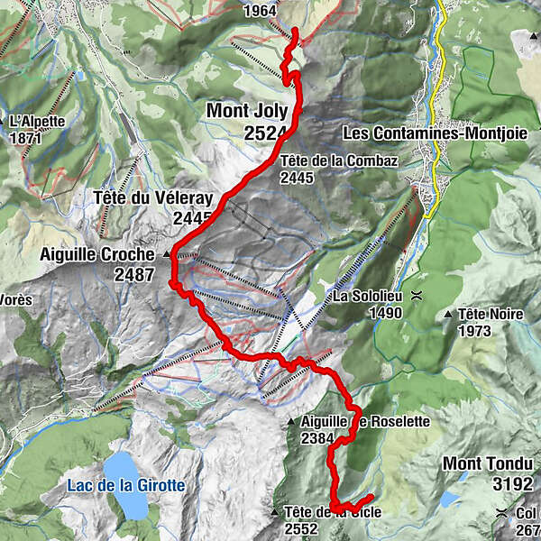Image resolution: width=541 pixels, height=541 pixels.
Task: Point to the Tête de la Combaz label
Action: pos(338,161)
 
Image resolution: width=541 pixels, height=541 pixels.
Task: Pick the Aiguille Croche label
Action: pos(97,255)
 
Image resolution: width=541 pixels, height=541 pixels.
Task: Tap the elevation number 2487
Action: pos(134,275)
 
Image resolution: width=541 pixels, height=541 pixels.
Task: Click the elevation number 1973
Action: pos(478,331)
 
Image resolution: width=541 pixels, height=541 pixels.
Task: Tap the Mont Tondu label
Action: pos(486,464)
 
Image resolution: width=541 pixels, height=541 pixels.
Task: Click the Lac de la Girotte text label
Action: pos(126,485)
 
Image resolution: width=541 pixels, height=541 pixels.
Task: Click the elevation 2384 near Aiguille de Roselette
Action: pos(319,439)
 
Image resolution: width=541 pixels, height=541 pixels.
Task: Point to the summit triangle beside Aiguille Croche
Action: pos(167,256)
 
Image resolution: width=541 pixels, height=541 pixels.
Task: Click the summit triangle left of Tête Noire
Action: pos(449,315)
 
